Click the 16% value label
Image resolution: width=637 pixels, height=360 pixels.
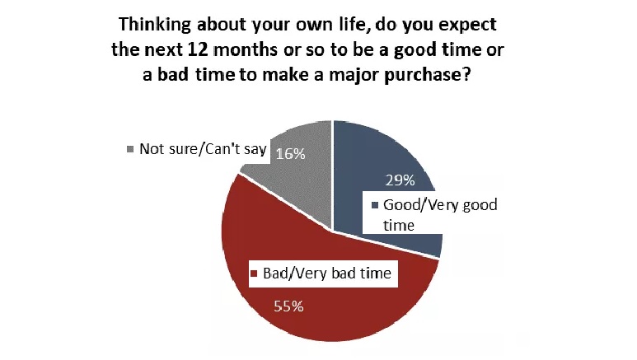[x=290, y=154]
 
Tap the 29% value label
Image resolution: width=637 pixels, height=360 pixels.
[x=400, y=180]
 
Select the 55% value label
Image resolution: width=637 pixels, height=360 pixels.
[x=288, y=306]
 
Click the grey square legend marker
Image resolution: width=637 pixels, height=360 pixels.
[x=130, y=149]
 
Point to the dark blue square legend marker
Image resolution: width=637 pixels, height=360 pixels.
[x=375, y=205]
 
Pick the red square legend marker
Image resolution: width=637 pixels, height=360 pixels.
[x=255, y=274]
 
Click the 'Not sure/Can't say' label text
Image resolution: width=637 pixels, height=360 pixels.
[x=203, y=149]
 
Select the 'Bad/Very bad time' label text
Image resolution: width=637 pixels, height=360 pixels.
[x=327, y=273]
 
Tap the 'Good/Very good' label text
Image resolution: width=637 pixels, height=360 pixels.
[x=440, y=205]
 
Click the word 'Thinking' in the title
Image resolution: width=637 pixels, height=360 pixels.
[x=154, y=25]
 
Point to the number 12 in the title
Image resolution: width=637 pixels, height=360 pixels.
[x=199, y=49]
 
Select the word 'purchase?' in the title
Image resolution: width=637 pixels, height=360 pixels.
[x=428, y=76]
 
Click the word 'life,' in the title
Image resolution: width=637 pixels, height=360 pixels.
[x=354, y=25]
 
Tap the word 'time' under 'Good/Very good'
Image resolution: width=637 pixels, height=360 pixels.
[x=399, y=226]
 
